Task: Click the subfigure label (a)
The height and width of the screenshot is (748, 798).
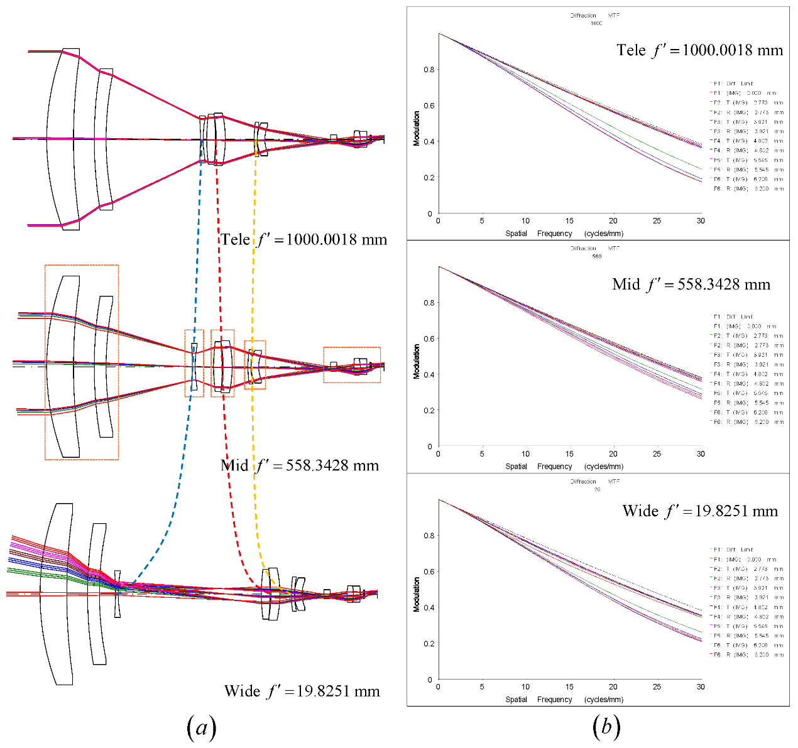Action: coord(202,727)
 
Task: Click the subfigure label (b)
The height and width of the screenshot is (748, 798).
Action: coord(606,727)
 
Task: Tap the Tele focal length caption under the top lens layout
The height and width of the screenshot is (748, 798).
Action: coord(303,239)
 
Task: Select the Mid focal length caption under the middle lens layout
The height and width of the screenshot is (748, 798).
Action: coord(300,465)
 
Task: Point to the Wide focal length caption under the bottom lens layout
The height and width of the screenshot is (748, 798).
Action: coord(302,691)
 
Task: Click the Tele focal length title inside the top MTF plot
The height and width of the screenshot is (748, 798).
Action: coord(699,50)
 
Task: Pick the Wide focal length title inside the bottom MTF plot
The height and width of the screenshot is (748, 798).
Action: coord(700,511)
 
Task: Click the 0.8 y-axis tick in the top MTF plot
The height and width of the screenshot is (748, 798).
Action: coord(429,70)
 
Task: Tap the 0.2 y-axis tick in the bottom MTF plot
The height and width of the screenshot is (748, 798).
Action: coord(429,644)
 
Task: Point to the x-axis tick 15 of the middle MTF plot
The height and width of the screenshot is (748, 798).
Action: coord(569,454)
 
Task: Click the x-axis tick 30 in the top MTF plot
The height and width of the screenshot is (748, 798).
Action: coord(701,221)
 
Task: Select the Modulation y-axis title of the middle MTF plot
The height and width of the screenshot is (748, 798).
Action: coord(417,361)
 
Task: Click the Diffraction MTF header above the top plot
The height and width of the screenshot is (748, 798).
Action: coord(595,16)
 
